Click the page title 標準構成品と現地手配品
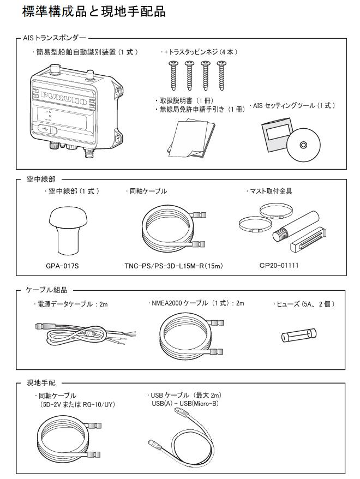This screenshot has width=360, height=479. (x=93, y=11)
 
